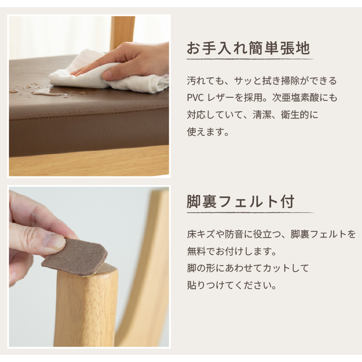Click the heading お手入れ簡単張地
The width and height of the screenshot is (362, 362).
pyautogui.click(x=248, y=48)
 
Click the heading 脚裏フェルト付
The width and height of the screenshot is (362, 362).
pyautogui.click(x=241, y=201)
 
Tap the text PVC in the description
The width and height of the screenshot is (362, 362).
pyautogui.click(x=195, y=98)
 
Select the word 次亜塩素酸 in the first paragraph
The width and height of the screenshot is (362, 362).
pyautogui.click(x=293, y=98)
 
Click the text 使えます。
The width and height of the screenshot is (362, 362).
pyautogui.click(x=208, y=132)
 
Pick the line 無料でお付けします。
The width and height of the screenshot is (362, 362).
pyautogui.click(x=232, y=251)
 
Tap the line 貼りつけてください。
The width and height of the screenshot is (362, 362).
pyautogui.click(x=232, y=286)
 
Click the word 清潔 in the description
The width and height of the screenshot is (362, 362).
pyautogui.click(x=262, y=115)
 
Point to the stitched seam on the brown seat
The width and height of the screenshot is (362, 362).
pyautogui.click(x=89, y=115)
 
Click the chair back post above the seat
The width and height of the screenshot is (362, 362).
pyautogui.click(x=122, y=32)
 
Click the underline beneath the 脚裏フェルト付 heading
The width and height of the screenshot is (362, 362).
pyautogui.click(x=250, y=212)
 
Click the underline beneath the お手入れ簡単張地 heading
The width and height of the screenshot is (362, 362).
pyautogui.click(x=250, y=59)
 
